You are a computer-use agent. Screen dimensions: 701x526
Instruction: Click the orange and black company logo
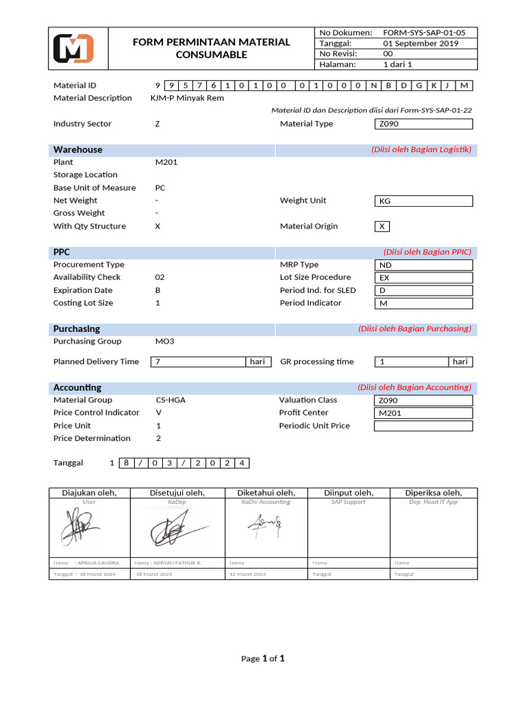coord(73,49)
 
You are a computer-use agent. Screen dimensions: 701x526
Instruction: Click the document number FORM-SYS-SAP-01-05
coord(424,32)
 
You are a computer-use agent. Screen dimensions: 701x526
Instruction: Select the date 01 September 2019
coord(421,43)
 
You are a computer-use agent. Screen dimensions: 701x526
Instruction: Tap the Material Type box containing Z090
coord(423,124)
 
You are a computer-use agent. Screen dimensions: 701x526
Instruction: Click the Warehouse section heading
coord(78,150)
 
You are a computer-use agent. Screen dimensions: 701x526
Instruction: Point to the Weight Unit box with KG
coord(423,201)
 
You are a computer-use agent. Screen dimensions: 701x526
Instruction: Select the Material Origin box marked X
coord(382,227)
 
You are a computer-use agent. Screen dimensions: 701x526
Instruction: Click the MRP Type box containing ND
coord(423,265)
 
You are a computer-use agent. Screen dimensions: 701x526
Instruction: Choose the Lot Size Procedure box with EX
coord(423,278)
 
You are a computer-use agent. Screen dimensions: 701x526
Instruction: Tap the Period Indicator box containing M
coord(423,303)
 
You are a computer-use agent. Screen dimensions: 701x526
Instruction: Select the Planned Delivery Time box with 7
coord(199,361)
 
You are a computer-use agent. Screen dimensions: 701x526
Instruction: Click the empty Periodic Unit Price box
coord(423,426)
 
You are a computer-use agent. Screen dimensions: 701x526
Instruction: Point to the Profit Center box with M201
coord(423,413)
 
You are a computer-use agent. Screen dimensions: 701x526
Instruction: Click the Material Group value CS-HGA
coord(171,400)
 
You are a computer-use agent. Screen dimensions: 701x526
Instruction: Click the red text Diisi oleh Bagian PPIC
coord(427,252)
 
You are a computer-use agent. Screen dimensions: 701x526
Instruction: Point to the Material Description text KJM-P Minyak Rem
coord(187,98)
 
